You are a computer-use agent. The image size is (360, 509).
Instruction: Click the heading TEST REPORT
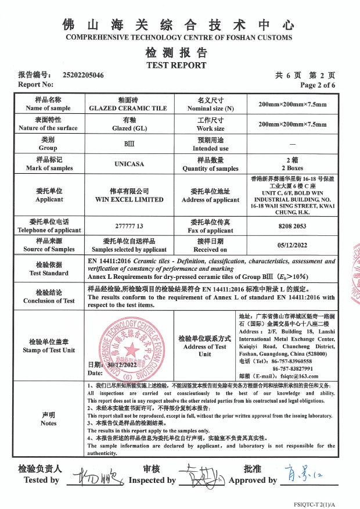(176, 65)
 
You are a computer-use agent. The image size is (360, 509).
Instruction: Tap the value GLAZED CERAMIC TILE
(128, 108)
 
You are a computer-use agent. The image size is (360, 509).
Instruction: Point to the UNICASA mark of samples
(129, 164)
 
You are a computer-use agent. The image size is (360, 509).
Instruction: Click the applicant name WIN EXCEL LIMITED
(129, 199)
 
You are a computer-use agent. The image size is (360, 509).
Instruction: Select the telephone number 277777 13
(129, 225)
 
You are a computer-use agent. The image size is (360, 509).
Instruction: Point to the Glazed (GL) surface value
(129, 128)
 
